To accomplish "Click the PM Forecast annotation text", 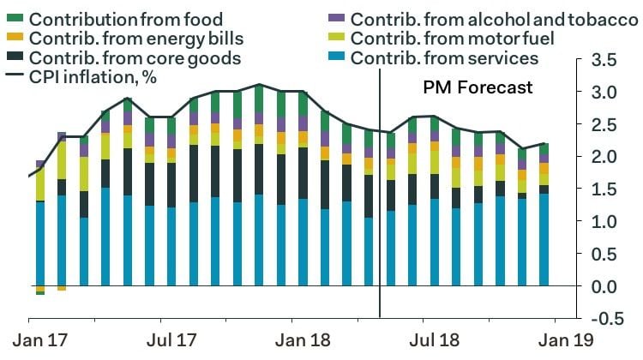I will pyautogui.click(x=478, y=87).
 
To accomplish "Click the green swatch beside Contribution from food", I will pyautogui.click(x=14, y=18).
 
